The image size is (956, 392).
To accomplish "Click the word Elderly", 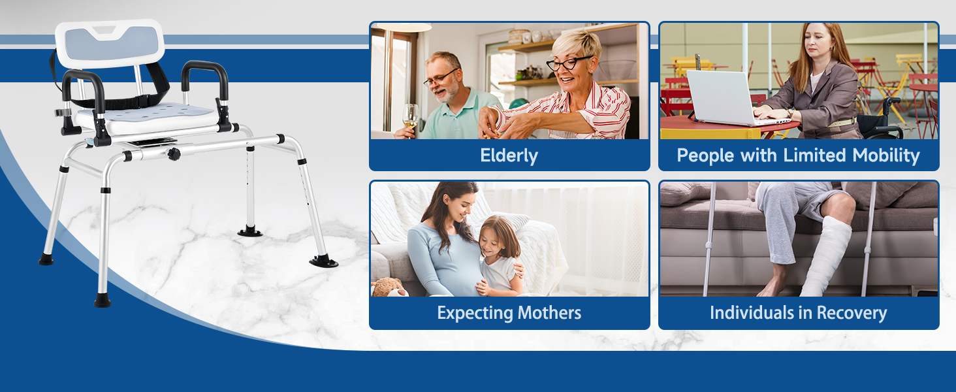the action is pos(509,155).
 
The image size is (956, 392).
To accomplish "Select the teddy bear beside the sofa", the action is pos(389,287).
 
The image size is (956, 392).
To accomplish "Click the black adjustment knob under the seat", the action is pos(174,154).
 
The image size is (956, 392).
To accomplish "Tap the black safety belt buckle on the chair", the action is pos(142,102).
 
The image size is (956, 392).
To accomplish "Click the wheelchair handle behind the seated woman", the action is pos(892,102).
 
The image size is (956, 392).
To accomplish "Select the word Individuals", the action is pos(752,313).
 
